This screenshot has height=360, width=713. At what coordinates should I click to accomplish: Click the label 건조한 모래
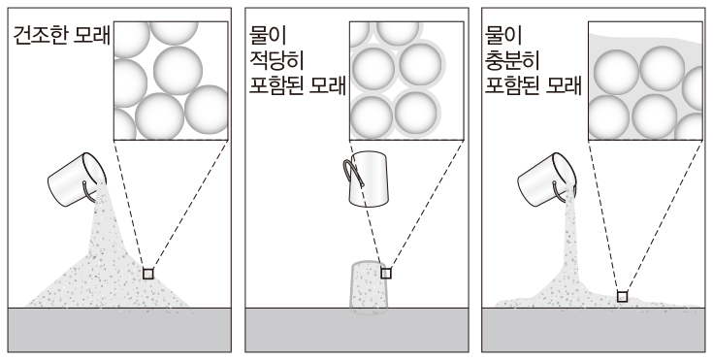61,36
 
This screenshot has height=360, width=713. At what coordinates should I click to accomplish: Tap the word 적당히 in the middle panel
276,59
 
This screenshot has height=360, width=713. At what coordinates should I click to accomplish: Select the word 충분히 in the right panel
512,59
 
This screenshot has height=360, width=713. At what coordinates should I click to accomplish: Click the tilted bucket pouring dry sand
77,180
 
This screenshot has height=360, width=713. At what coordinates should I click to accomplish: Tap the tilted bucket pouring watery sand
546,180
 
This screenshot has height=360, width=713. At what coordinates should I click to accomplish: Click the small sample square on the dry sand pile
148,274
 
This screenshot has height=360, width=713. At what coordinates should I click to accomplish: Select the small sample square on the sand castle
386,273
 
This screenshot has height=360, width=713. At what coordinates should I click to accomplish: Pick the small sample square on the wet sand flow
622,297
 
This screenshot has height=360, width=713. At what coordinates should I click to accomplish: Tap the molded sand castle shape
368,287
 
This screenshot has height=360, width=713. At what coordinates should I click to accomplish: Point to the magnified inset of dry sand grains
171,81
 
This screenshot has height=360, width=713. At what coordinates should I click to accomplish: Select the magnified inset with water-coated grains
406,81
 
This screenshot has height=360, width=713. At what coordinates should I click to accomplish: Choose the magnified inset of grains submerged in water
645,81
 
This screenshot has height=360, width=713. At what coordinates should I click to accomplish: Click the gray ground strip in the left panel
119,330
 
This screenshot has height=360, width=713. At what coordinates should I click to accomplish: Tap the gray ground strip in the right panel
593,330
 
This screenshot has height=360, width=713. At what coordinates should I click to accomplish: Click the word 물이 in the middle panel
269,36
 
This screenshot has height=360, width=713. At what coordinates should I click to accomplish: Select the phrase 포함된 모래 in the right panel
533,84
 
